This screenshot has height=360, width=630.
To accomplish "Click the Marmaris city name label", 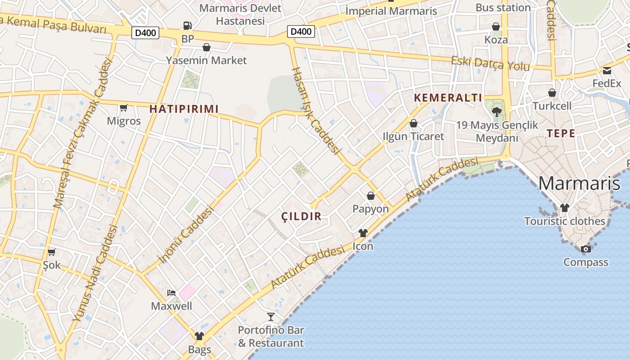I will (579, 184).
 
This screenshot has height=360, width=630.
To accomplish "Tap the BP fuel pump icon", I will (187, 26).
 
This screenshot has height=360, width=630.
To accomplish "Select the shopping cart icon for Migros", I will (123, 108).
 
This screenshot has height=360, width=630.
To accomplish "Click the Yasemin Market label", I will (207, 60).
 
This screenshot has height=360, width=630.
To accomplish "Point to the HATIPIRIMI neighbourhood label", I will (184, 109).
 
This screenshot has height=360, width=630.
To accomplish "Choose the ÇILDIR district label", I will (301, 216).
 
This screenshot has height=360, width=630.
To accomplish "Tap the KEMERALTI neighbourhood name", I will (448, 98).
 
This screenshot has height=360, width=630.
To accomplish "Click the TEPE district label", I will (561, 133).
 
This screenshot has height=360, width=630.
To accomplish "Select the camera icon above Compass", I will (585, 249).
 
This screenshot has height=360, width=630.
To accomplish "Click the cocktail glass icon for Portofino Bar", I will (270, 316).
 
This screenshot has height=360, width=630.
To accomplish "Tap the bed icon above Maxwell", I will (171, 293).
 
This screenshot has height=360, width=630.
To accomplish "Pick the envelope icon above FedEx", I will (607, 70).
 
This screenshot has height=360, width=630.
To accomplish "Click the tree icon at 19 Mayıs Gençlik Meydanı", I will (497, 112).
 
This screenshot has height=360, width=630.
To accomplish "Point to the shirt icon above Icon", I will (363, 233).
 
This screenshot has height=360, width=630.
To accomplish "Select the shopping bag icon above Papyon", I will (370, 196).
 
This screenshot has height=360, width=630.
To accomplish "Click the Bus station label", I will (503, 8).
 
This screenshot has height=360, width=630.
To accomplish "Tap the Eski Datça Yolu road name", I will (490, 63).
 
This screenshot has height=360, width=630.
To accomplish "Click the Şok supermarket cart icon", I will (52, 252).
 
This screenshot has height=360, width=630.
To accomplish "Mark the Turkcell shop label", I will (552, 106).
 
